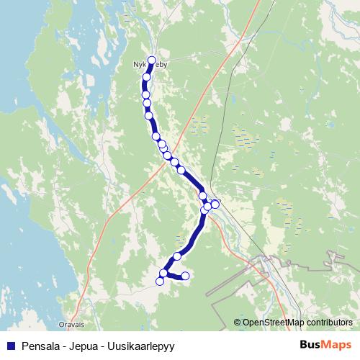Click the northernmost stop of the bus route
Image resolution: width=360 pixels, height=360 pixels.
[x=152, y=60]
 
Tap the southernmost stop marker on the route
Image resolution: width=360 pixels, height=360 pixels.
[x=160, y=281]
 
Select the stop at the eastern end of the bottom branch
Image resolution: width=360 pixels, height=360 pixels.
[x=185, y=276]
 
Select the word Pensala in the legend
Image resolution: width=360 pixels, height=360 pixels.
[x=42, y=345]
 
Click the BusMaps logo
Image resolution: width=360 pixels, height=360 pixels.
[x=325, y=345]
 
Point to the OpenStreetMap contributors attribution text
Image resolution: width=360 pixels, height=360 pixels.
[x=297, y=323]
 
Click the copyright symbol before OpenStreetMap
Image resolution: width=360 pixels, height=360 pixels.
[x=238, y=323]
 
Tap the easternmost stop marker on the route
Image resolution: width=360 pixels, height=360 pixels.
[x=215, y=204]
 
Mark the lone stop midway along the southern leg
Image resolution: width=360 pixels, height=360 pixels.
[x=177, y=256]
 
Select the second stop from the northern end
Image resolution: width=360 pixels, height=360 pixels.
[x=147, y=77]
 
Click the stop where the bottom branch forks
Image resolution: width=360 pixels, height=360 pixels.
[x=164, y=273]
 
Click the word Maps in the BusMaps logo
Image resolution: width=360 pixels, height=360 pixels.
[x=336, y=345]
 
